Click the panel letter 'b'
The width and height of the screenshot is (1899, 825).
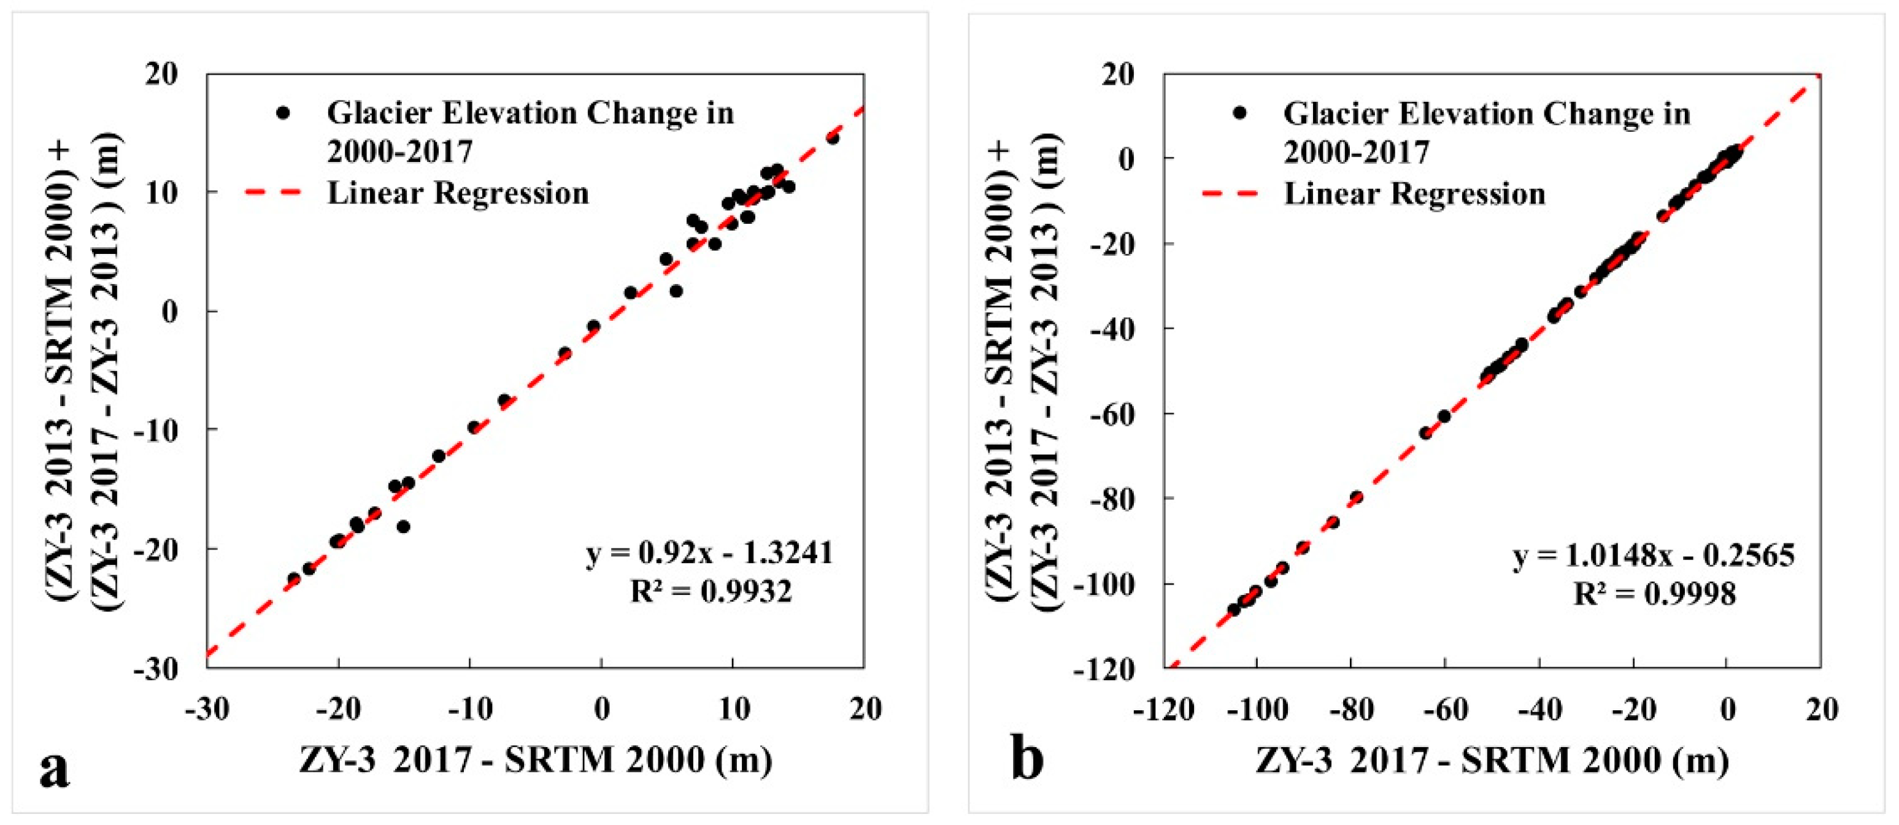coord(1028,759)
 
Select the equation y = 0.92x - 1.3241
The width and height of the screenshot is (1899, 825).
coord(709,553)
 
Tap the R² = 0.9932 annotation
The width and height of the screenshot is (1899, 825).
coord(711,591)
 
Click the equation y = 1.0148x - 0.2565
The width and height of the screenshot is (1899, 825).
coord(1654,554)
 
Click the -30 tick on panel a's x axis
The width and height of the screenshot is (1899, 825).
coord(207,709)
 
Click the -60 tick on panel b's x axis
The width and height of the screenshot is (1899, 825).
coord(1444,709)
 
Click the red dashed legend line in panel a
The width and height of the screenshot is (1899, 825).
coord(273,193)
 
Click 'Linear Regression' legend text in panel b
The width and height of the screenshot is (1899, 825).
coord(1414,194)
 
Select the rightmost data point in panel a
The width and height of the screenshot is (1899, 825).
coord(832,138)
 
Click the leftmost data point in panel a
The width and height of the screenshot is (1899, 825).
coord(293,579)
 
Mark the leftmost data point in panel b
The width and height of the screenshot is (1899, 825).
coord(1233,610)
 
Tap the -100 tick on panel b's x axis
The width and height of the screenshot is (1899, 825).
coord(1258,709)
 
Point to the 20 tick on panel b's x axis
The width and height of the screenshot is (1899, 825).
coord(1822,709)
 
